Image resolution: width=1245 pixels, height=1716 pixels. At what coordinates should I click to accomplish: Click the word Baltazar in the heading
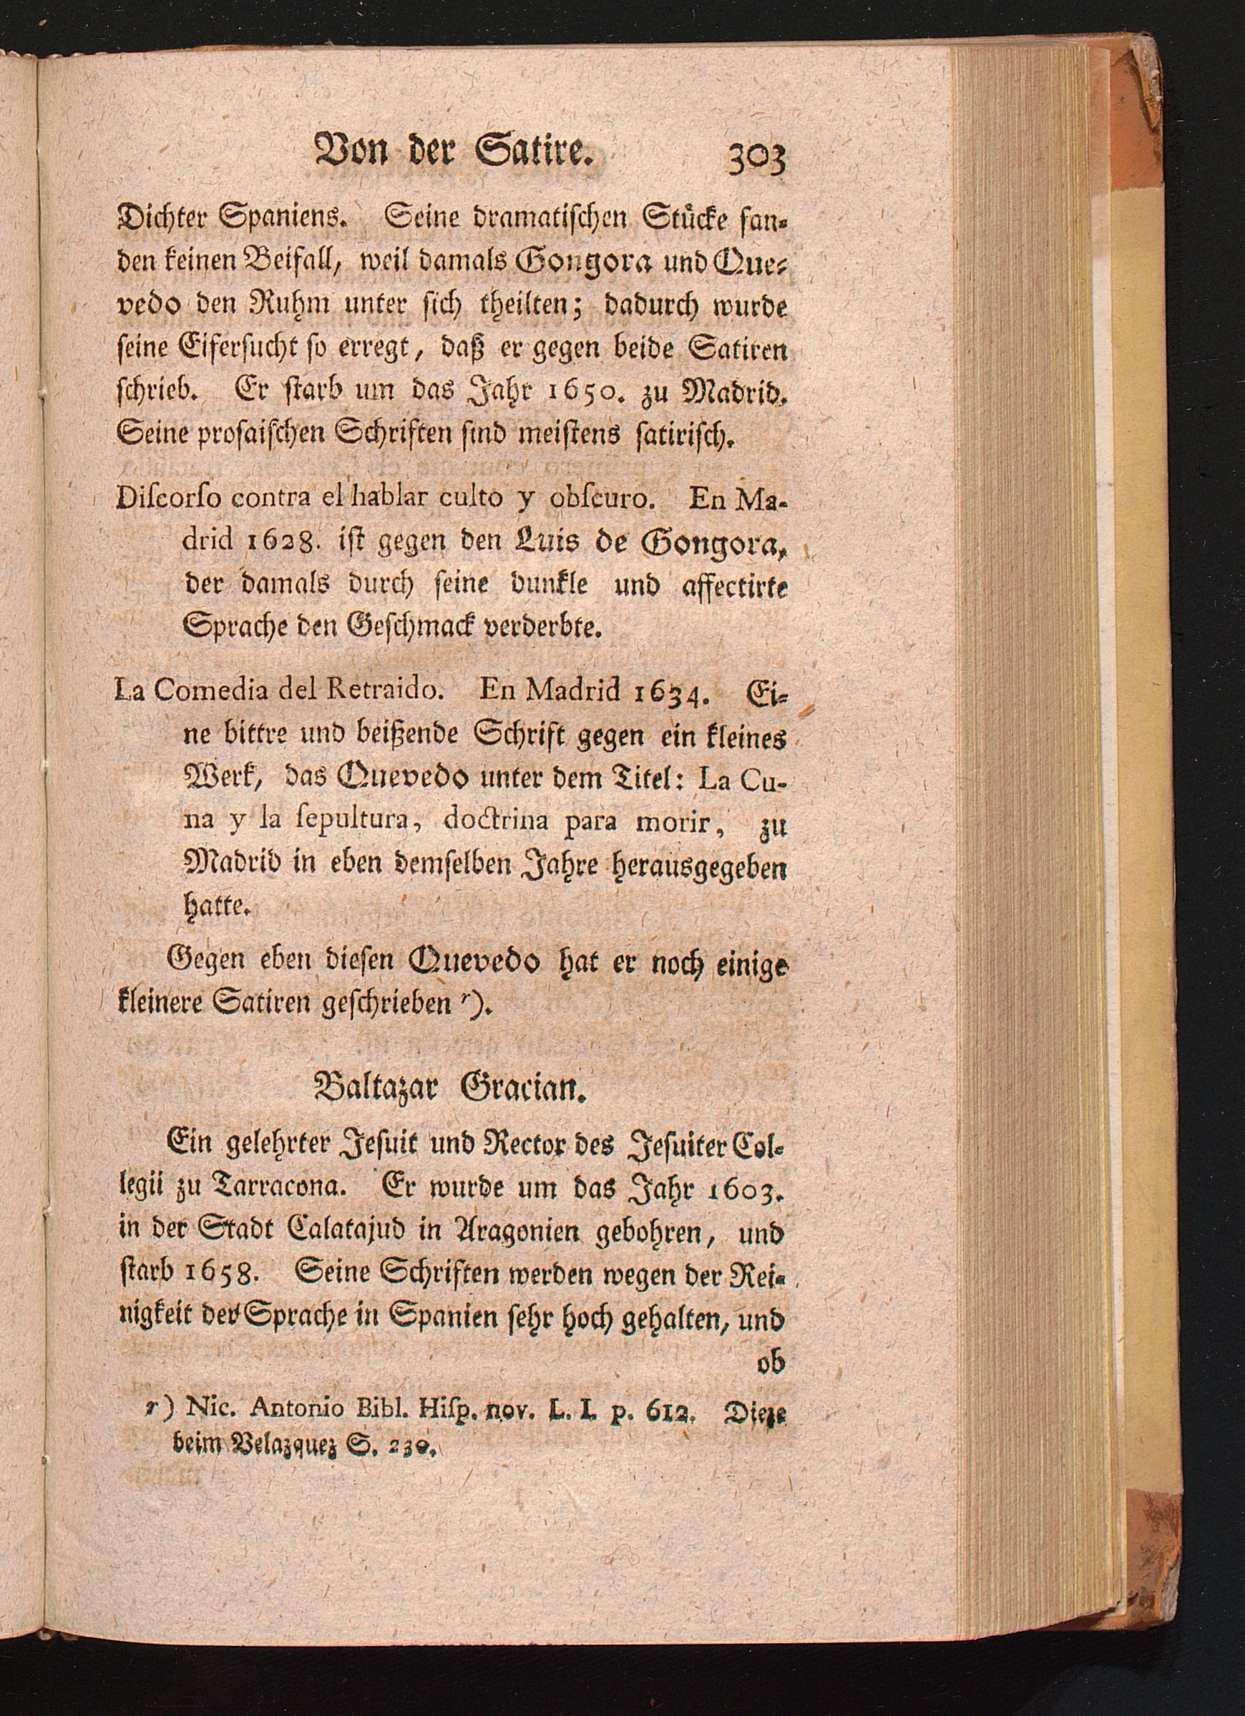coord(375,1092)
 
